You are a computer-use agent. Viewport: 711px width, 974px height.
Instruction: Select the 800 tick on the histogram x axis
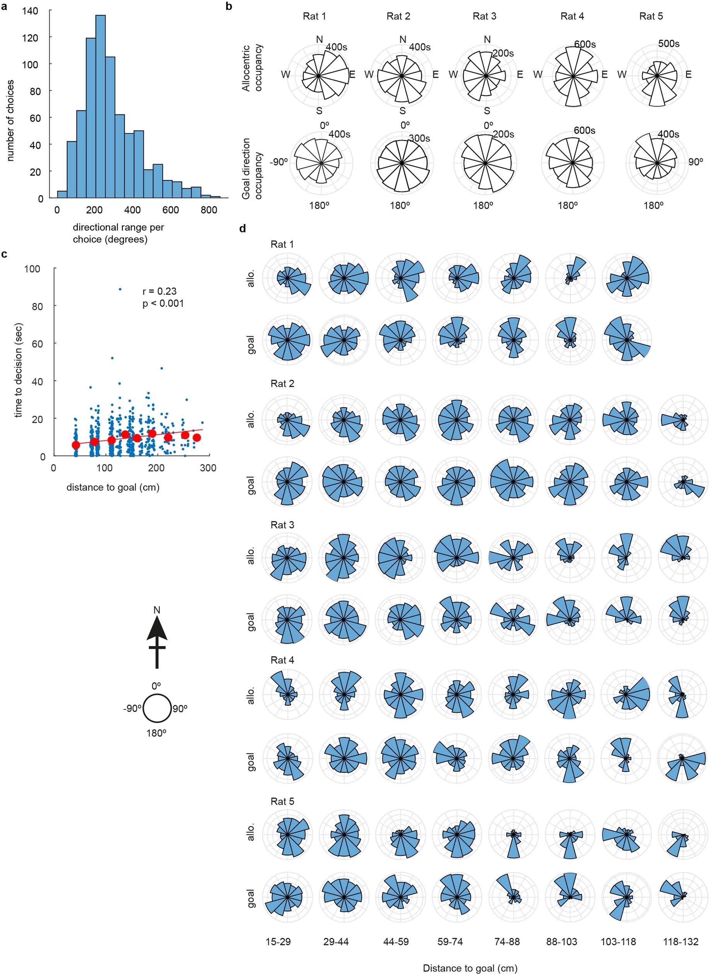[209, 210]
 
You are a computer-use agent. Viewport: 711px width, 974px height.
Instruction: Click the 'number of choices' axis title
[10, 121]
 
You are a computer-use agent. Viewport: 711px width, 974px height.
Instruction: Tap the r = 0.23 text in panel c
[159, 291]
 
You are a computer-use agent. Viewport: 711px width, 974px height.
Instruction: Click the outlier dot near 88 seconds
[120, 289]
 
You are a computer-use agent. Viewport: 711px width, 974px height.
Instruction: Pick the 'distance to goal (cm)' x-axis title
[113, 488]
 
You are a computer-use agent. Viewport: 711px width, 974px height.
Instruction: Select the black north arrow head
[156, 629]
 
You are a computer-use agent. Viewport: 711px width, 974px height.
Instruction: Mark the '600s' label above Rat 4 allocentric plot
[585, 45]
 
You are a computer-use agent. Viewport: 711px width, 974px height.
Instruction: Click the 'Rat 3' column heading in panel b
[484, 16]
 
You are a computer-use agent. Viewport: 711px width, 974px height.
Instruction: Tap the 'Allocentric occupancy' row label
[252, 68]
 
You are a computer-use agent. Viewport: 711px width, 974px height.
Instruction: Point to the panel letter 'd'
[243, 229]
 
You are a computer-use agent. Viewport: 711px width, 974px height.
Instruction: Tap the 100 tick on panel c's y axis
[32, 269]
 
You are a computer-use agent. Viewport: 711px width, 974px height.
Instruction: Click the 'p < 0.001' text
[163, 304]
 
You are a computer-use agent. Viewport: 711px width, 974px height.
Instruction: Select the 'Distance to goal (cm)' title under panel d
[470, 968]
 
